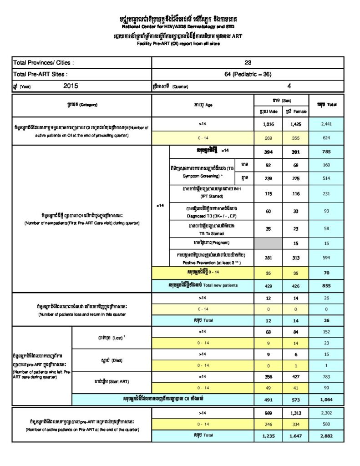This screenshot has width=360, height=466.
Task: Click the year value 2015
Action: (71, 85)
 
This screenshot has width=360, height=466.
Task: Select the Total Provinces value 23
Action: (248, 63)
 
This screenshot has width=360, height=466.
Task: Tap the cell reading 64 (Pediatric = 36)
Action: (248, 74)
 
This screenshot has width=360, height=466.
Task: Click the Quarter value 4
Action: (289, 85)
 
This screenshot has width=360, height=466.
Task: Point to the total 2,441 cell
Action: (326, 123)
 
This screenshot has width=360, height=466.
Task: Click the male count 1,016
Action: (268, 123)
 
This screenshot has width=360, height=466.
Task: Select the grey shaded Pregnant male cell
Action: (268, 243)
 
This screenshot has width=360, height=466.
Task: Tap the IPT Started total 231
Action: (326, 193)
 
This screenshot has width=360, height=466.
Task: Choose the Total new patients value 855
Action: (326, 285)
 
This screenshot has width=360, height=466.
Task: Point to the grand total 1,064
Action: (326, 399)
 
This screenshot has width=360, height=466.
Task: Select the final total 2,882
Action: (326, 436)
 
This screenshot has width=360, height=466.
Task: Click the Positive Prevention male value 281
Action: (268, 258)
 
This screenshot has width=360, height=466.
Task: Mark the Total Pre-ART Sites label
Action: (41, 74)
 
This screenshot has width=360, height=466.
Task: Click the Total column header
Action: (326, 105)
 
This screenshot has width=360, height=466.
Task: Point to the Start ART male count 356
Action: (268, 376)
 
